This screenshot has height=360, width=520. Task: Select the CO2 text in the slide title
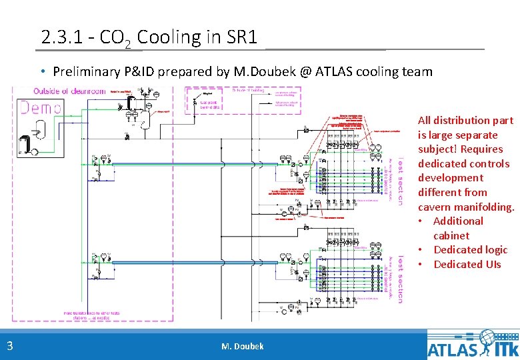[117, 38]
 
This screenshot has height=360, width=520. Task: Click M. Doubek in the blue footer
[242, 346]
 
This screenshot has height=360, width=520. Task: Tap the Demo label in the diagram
[41, 108]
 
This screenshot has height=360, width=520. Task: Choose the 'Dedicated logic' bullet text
[470, 250]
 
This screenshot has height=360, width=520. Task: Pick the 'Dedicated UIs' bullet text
[467, 264]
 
